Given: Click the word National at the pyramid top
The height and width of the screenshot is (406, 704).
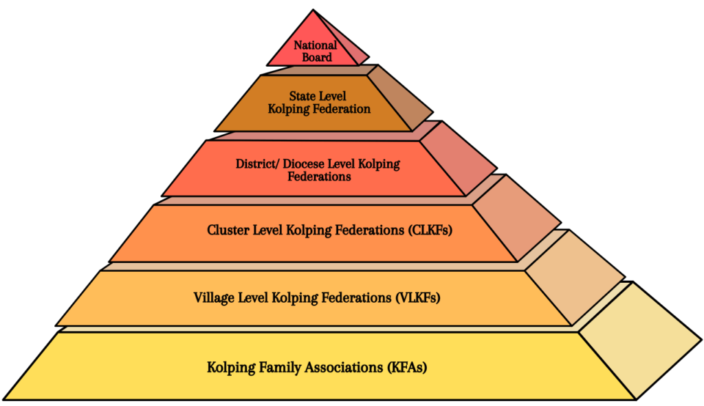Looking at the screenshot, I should tap(316, 45).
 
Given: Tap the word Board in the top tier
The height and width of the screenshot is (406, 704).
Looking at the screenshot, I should tap(316, 57).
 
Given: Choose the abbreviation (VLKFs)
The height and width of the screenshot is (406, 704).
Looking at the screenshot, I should tap(417, 298).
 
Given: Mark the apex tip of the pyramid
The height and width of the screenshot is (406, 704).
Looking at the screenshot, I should tap(313, 10).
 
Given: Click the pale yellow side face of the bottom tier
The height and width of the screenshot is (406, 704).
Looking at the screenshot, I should tap(639, 341).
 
